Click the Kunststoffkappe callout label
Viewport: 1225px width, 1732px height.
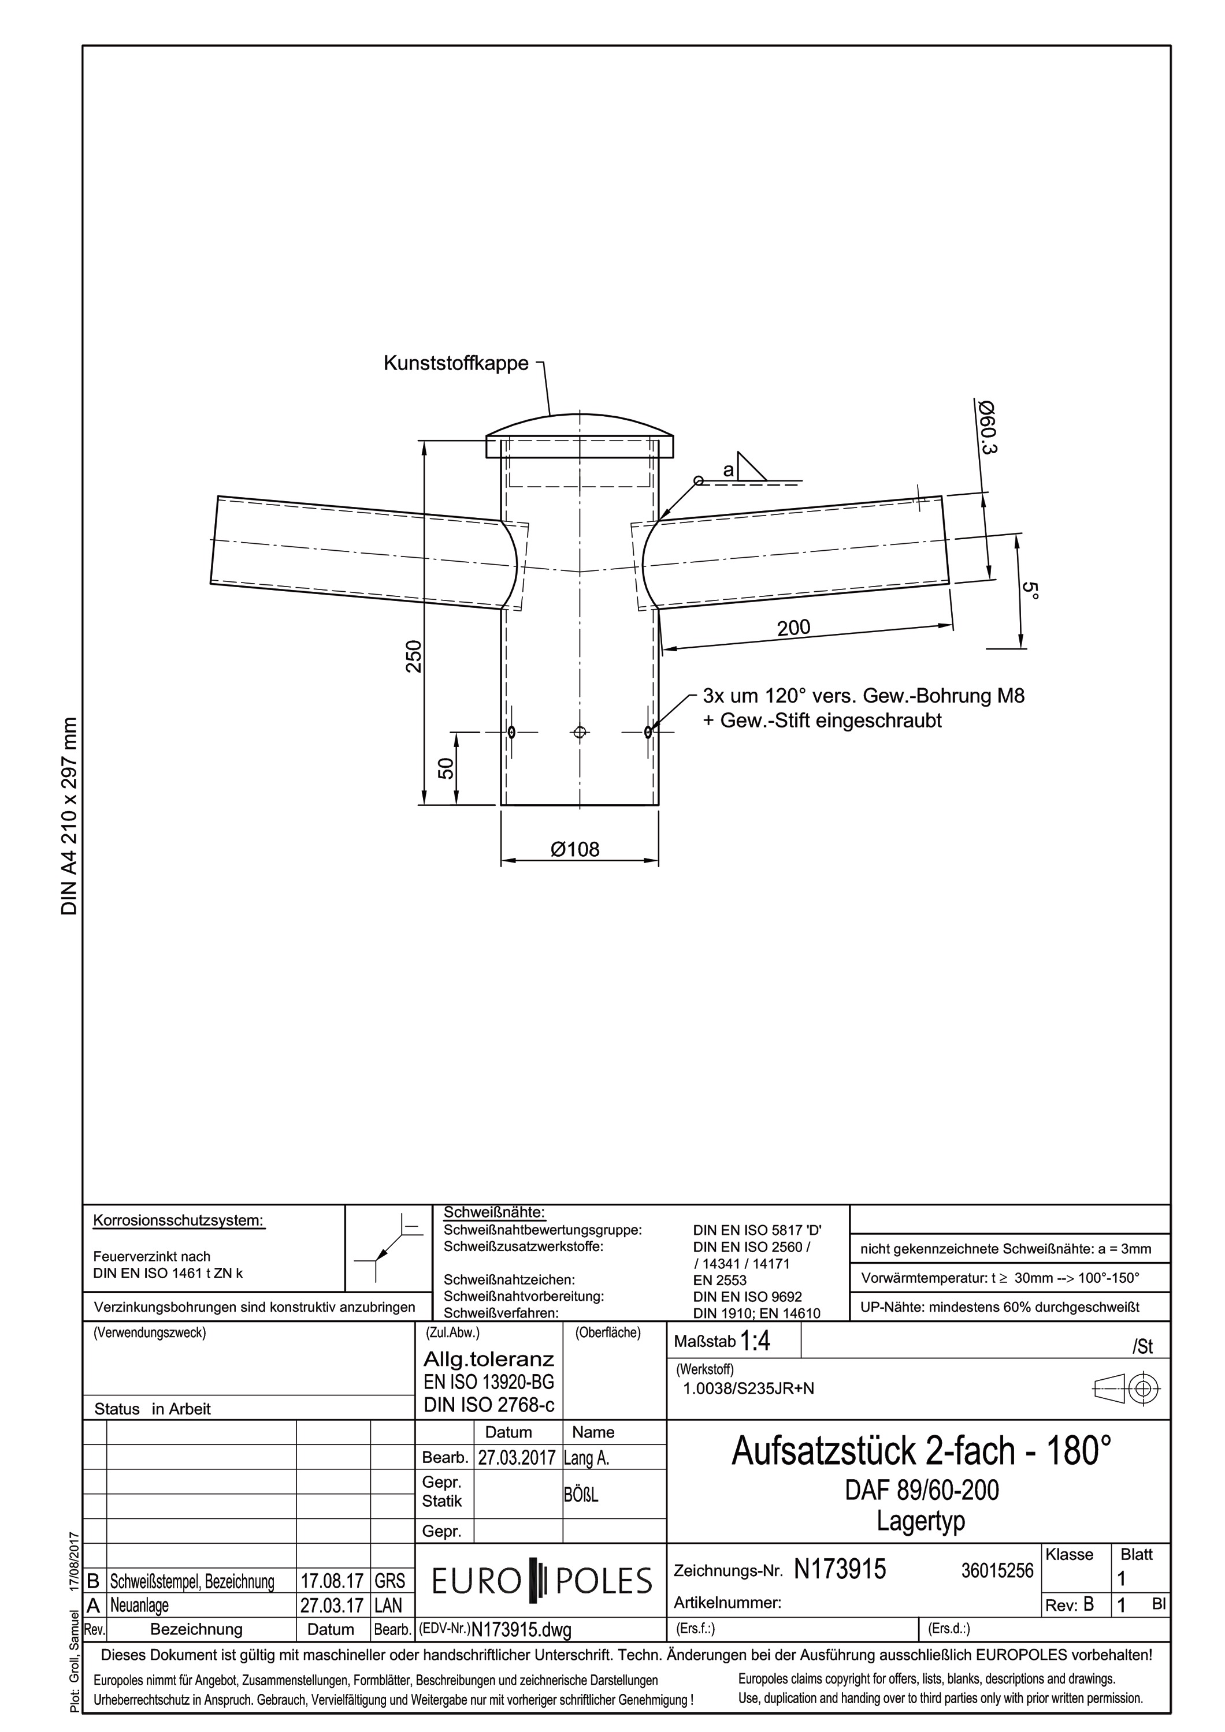coord(456,364)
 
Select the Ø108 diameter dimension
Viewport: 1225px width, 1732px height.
coord(575,849)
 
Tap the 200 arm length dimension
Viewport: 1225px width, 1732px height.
coord(793,627)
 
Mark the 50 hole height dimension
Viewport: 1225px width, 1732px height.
coord(446,768)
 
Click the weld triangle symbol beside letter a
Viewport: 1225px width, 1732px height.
coord(751,466)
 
